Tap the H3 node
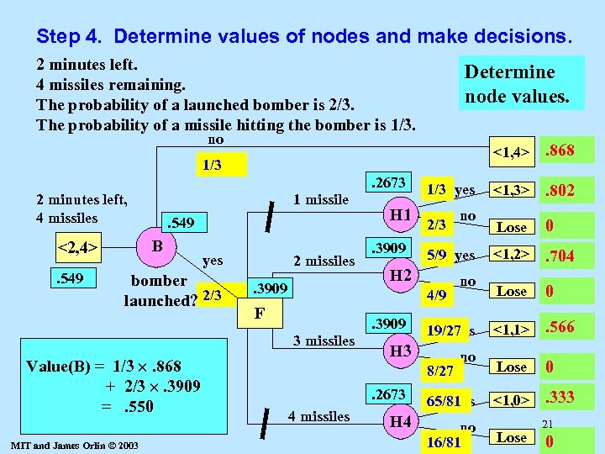click(401, 350)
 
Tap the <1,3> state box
click(513, 191)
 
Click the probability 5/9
click(437, 255)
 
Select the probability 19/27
click(443, 331)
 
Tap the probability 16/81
click(443, 440)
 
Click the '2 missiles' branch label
click(324, 261)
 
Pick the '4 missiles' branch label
click(319, 416)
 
